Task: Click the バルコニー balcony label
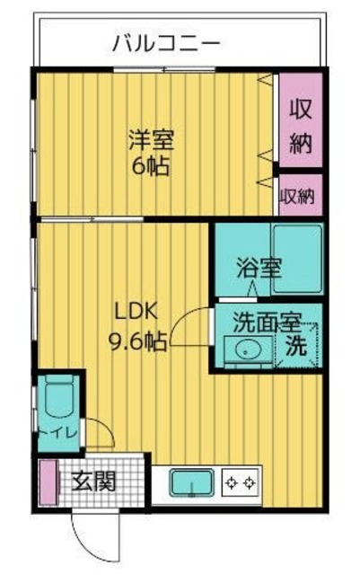click(x=166, y=42)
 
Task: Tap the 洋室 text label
click(x=150, y=141)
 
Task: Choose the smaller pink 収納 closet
click(x=299, y=195)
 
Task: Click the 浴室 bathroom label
click(x=259, y=267)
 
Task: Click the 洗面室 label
click(x=263, y=322)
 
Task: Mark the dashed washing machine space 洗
click(x=297, y=343)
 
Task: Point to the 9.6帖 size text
click(x=137, y=341)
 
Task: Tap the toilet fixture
click(x=58, y=398)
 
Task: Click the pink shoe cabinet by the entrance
click(x=46, y=482)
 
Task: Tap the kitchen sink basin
click(x=190, y=482)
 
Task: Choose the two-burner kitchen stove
click(x=241, y=483)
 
